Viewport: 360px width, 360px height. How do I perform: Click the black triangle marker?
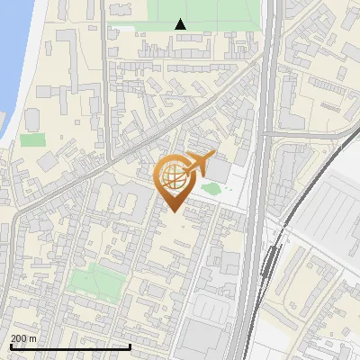point(181,24)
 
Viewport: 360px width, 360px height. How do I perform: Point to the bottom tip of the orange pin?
point(172,211)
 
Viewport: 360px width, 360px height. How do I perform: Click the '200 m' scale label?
point(23,337)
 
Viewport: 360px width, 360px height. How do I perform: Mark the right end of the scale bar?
point(130,346)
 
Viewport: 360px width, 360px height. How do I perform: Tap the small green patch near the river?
point(32,139)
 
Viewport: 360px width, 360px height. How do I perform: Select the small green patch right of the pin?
point(211,188)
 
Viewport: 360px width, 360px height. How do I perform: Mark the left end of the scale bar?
point(11,346)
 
